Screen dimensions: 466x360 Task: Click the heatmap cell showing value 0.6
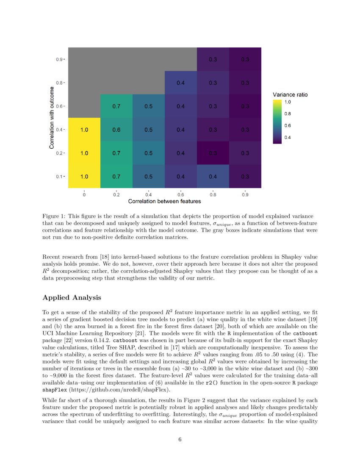[116, 130]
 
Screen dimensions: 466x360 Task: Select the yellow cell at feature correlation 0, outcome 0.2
[84, 153]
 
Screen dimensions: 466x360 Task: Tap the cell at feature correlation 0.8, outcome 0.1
[213, 176]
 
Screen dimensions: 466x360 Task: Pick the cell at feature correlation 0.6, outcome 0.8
[180, 83]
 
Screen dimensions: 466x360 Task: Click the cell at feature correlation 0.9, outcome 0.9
[245, 59]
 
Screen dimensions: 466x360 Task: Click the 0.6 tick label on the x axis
[180, 195]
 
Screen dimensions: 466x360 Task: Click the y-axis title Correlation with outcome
[51, 118]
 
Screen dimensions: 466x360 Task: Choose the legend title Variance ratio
[290, 94]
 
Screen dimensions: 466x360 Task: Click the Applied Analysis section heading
[72, 298]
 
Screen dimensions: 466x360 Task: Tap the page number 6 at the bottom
[180, 439]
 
